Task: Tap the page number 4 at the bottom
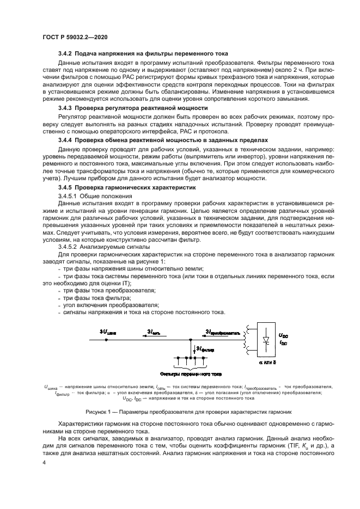click(44, 462)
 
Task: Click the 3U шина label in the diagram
click(108, 331)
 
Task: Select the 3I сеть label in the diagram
click(154, 331)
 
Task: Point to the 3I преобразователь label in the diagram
click(220, 331)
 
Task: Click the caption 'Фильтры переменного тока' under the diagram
click(182, 375)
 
